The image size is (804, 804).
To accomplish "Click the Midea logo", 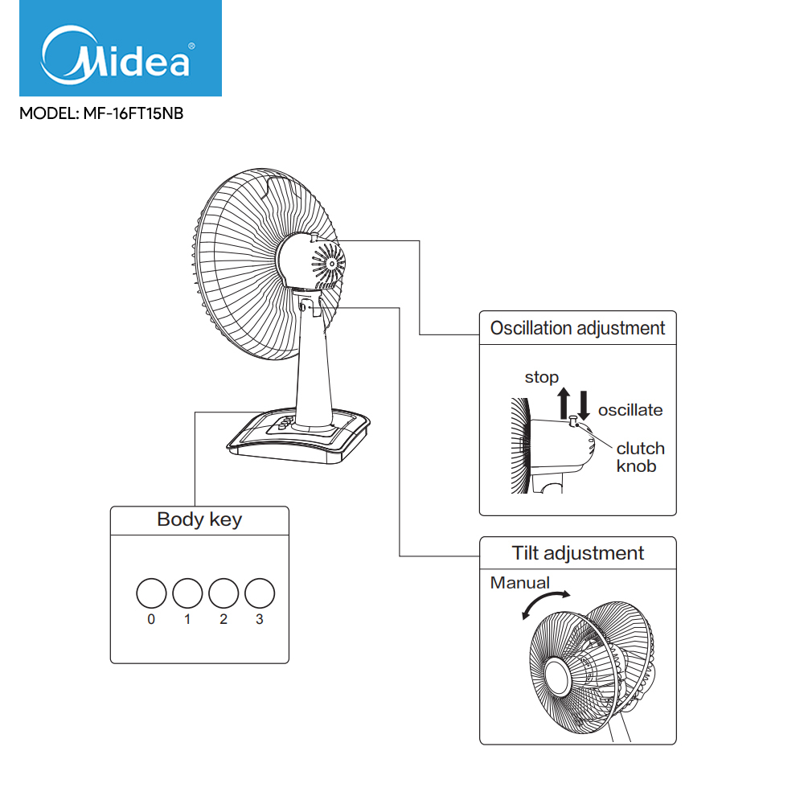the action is pos(121,50).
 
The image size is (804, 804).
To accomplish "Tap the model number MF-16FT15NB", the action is pos(101,114).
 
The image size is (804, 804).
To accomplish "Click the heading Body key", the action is pos(199,519).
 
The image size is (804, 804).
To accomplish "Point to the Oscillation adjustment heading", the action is pos(577,328).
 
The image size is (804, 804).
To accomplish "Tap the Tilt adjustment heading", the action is pos(577,553).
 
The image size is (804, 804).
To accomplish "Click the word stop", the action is pos(542,377).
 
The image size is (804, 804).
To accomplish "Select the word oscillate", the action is pos(630,410).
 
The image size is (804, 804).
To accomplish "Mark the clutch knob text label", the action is pos(640,457).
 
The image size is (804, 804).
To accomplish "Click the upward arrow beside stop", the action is pos(564,402).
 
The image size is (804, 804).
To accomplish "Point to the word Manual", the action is pos(520,583).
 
